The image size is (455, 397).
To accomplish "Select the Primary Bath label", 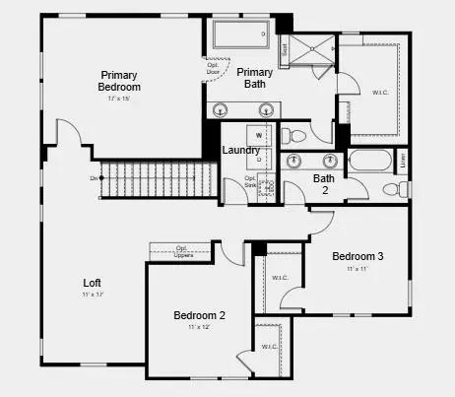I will (x=254, y=78).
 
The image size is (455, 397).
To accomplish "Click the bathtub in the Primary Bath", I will (x=242, y=34).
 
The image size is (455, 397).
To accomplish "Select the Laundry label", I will (x=241, y=150).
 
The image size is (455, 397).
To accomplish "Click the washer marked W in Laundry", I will (x=259, y=134).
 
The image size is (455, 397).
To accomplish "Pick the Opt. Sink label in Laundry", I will (x=250, y=182).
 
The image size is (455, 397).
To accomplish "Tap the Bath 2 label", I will (x=324, y=184).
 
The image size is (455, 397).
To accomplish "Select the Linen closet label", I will (x=402, y=158).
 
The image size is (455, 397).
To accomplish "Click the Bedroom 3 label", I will (x=357, y=256).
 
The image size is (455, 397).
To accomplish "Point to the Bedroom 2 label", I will (x=199, y=315).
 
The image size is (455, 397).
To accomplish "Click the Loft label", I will (x=93, y=283).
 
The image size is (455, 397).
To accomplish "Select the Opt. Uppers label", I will (x=181, y=250).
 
